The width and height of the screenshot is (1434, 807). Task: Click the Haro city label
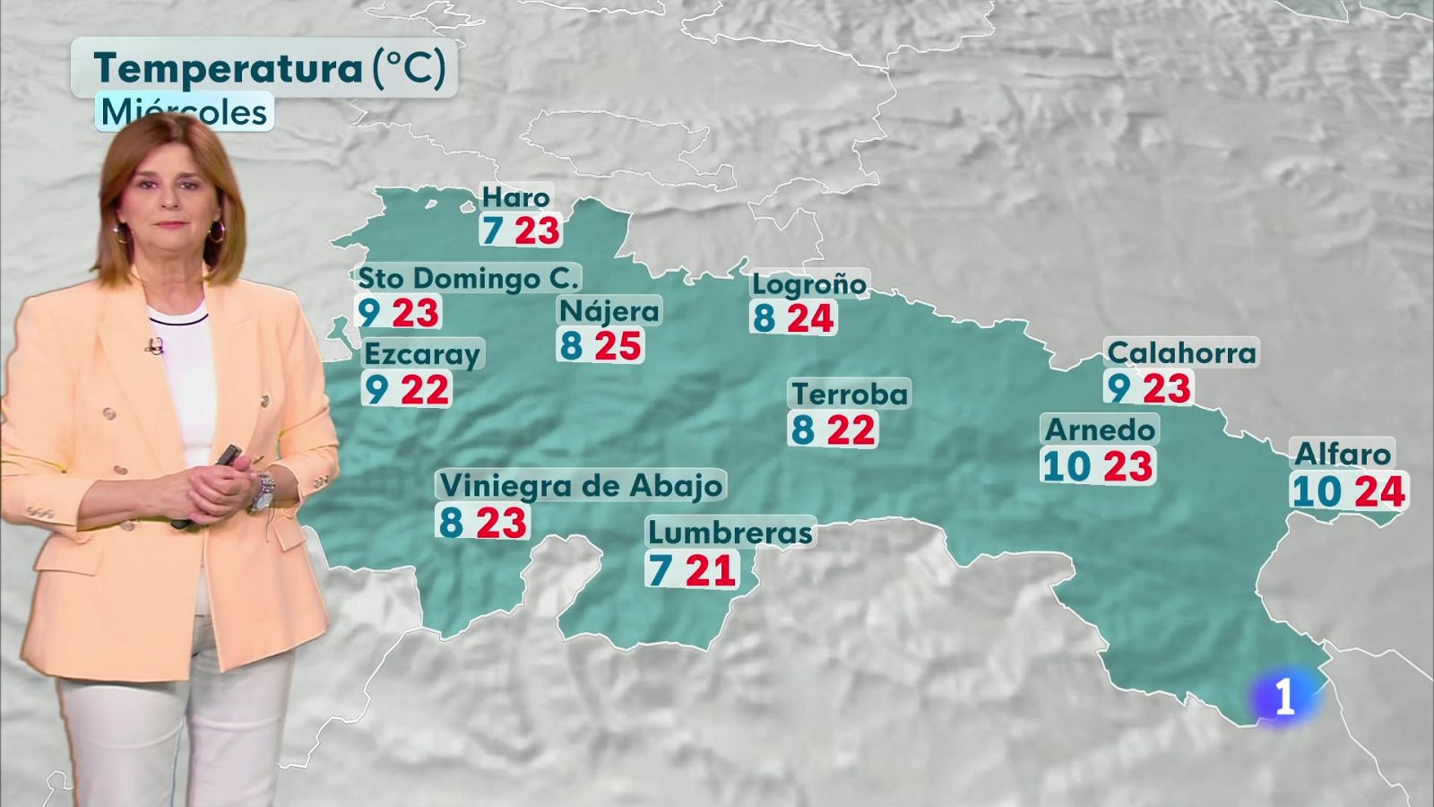515,197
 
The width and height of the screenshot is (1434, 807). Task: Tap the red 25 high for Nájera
618,346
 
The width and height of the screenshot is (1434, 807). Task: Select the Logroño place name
809,284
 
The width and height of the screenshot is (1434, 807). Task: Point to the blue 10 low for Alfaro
1317,492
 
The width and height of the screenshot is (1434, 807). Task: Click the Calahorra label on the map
1181,352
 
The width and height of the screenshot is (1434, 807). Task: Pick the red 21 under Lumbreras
711,570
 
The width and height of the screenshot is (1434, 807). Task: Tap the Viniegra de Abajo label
581,485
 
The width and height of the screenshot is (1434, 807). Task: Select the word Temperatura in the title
228,68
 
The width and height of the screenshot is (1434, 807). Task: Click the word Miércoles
184,113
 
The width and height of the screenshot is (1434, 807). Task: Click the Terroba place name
850,394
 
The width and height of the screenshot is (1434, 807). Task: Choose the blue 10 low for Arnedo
1067,467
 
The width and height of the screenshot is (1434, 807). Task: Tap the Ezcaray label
422,353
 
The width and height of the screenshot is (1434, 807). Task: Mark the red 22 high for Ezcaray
425,390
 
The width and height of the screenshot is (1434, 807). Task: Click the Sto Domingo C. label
469,278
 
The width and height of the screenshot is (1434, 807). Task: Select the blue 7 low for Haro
491,230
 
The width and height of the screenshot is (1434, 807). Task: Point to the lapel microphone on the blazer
155,346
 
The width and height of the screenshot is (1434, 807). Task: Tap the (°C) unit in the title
409,68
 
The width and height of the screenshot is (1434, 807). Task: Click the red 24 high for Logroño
811,318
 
